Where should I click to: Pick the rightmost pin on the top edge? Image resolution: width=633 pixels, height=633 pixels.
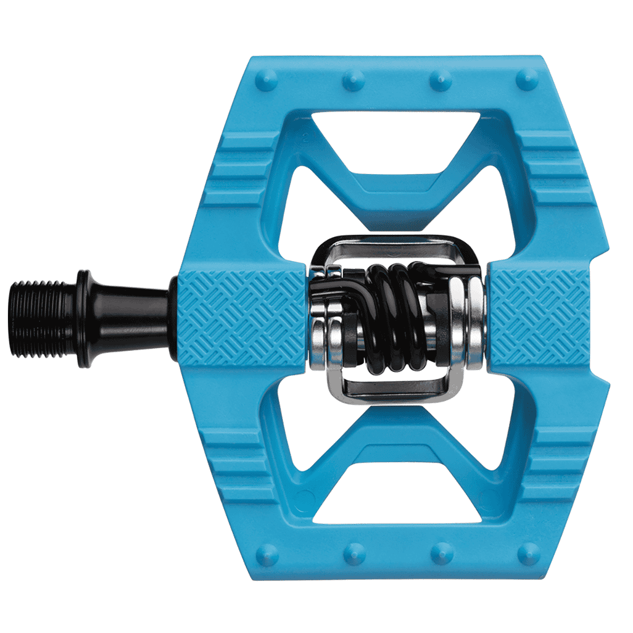(x=526, y=81)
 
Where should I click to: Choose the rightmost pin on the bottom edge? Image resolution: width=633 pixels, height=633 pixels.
(x=526, y=553)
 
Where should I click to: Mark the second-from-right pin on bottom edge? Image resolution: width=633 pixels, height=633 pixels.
(x=439, y=553)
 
